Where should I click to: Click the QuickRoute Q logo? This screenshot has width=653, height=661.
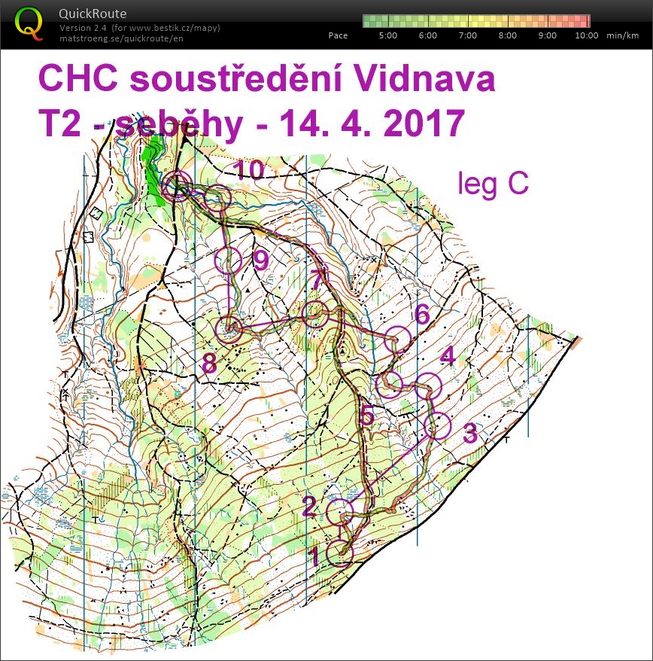(29, 22)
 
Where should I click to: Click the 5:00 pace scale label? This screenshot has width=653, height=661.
(388, 35)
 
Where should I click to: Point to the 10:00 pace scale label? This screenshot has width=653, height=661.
(587, 35)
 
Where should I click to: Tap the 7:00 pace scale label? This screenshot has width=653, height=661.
(467, 35)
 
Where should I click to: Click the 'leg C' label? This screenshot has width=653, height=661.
(493, 184)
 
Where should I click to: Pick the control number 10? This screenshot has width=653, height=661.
(249, 170)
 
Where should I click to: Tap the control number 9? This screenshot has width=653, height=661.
(260, 260)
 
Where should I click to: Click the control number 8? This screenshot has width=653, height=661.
(209, 364)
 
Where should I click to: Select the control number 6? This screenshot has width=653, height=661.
(422, 315)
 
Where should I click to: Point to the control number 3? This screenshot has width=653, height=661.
(469, 434)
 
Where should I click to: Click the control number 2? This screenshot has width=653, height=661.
(309, 507)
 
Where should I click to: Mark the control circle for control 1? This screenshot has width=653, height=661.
(341, 552)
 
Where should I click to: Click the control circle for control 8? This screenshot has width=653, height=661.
(229, 329)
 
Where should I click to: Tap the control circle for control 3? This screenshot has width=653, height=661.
(436, 425)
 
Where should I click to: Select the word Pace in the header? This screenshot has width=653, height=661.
(339, 35)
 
